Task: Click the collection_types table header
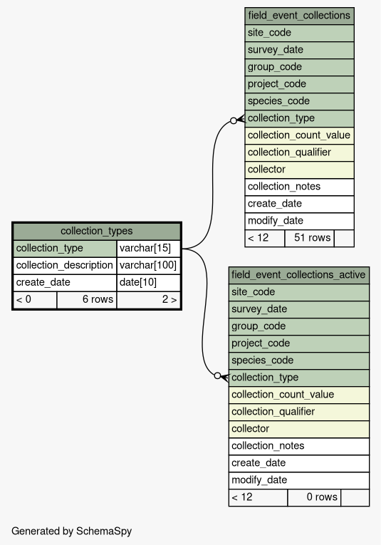pyautogui.click(x=97, y=231)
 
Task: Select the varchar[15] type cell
pyautogui.click(x=148, y=248)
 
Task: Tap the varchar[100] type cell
pyautogui.click(x=148, y=265)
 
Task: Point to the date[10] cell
pyautogui.click(x=148, y=282)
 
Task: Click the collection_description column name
pyautogui.click(x=65, y=265)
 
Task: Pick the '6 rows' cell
pyautogui.click(x=87, y=299)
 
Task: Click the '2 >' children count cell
pyautogui.click(x=148, y=299)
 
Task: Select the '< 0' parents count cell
pyautogui.click(x=35, y=299)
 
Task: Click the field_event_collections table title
pyautogui.click(x=299, y=16)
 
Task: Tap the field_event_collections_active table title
pyautogui.click(x=298, y=275)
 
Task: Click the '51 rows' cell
pyautogui.click(x=310, y=238)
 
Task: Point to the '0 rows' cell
pyautogui.click(x=314, y=497)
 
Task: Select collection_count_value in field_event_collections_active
pyautogui.click(x=298, y=395)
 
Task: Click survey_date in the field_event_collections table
pyautogui.click(x=299, y=50)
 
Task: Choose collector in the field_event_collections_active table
pyautogui.click(x=298, y=429)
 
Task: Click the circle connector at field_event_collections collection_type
pyautogui.click(x=234, y=120)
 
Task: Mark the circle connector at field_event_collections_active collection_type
pyautogui.click(x=217, y=375)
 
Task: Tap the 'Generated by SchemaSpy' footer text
pyautogui.click(x=71, y=531)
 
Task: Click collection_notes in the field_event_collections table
pyautogui.click(x=299, y=187)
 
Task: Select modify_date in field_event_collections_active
pyautogui.click(x=298, y=480)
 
